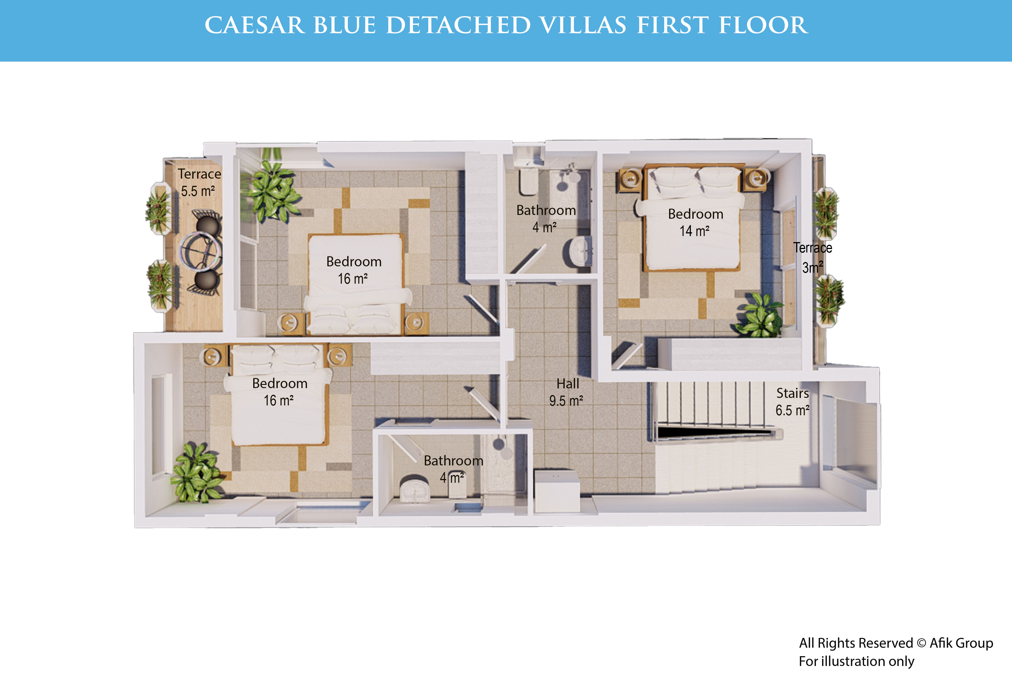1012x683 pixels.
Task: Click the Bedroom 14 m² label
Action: click(x=696, y=222)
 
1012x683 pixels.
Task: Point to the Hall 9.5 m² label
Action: click(x=567, y=392)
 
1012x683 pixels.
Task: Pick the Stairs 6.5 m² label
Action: click(x=793, y=402)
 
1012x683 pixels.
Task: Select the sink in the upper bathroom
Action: click(x=579, y=252)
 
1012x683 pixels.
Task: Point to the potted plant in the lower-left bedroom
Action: click(x=196, y=473)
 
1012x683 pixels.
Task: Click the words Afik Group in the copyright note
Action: click(x=962, y=643)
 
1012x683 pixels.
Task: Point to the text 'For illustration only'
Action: click(x=856, y=661)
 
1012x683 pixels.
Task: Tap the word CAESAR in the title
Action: click(x=255, y=25)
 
